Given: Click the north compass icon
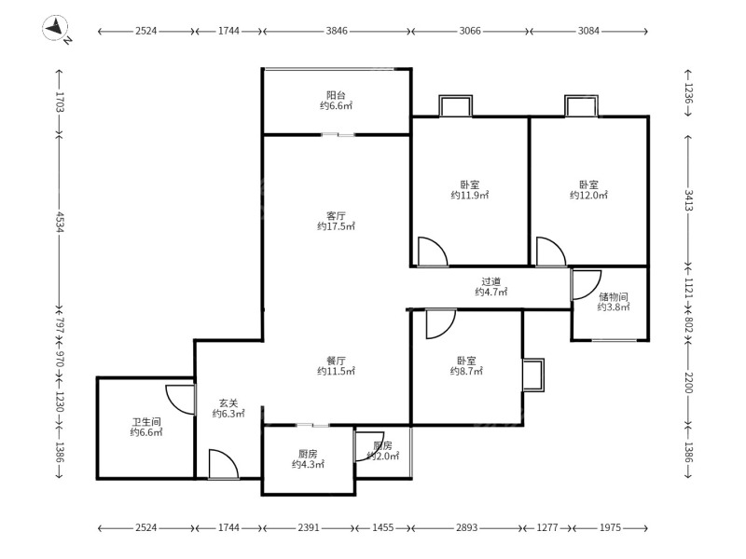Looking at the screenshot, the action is click(x=56, y=28).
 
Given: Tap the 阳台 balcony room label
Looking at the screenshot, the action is click(x=336, y=95).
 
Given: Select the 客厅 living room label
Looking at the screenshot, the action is click(x=336, y=216).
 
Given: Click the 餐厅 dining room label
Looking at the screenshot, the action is click(x=336, y=361).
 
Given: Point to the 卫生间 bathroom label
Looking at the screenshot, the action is click(x=146, y=422).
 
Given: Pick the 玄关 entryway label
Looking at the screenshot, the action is click(x=228, y=403).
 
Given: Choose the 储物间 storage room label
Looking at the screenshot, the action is click(x=614, y=296).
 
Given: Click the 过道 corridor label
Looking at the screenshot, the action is click(x=491, y=281).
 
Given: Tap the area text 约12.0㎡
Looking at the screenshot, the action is click(x=588, y=195).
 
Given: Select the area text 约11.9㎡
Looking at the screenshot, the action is click(x=470, y=195).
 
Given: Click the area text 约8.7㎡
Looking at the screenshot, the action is click(x=466, y=371).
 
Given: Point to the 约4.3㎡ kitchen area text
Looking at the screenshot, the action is click(x=308, y=464).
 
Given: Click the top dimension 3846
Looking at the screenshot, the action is click(x=337, y=31).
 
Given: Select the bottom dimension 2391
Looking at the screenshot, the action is click(x=309, y=527).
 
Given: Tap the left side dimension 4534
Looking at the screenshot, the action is click(x=59, y=222).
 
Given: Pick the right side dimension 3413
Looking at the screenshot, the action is click(x=688, y=200).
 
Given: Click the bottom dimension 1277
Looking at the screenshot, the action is click(x=547, y=527).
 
